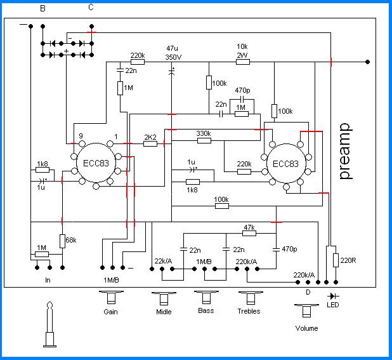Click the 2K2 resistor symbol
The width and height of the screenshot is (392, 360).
pos(150,143)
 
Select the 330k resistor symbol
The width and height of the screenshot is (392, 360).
pos(204,140)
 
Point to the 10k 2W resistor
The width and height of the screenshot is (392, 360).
pos(243,62)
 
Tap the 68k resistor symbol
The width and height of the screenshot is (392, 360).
pos(62,241)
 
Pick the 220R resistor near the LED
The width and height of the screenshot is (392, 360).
pos(336,260)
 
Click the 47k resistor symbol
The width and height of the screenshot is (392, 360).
pos(249,234)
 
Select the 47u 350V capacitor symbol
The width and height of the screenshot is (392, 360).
pos(172,72)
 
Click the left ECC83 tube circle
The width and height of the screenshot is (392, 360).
pos(96,163)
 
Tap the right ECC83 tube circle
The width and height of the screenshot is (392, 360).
pos(286,163)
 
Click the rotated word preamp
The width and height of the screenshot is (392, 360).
pos(345,151)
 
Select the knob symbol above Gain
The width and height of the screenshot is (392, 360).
pos(111,297)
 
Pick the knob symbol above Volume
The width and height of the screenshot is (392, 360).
pos(306,310)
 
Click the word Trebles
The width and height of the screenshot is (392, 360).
pos(249,311)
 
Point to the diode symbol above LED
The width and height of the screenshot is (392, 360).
pos(333,297)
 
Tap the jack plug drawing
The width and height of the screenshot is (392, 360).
pos(49,324)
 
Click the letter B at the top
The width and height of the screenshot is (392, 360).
pos(42,8)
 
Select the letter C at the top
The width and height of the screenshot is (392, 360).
pos(91,8)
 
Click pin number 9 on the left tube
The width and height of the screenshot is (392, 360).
pos(81,136)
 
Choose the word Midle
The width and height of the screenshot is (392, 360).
pos(164,312)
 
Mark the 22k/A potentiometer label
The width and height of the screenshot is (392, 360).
pos(163,261)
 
